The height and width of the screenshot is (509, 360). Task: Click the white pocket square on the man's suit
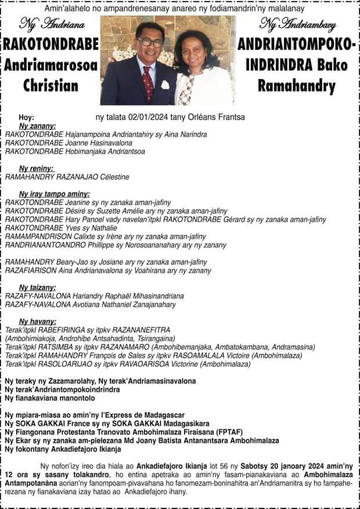coord(165,85)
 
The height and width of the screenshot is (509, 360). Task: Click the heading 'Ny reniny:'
coord(36,168)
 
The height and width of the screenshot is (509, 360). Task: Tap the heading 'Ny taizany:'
coord(37,287)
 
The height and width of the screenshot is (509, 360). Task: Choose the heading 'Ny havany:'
coord(37,321)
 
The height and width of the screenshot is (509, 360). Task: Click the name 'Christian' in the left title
coord(51,86)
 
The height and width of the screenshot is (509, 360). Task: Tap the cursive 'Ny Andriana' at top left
coord(52,24)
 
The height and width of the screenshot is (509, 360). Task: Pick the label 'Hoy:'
coord(27,117)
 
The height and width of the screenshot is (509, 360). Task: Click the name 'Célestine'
coord(111,177)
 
